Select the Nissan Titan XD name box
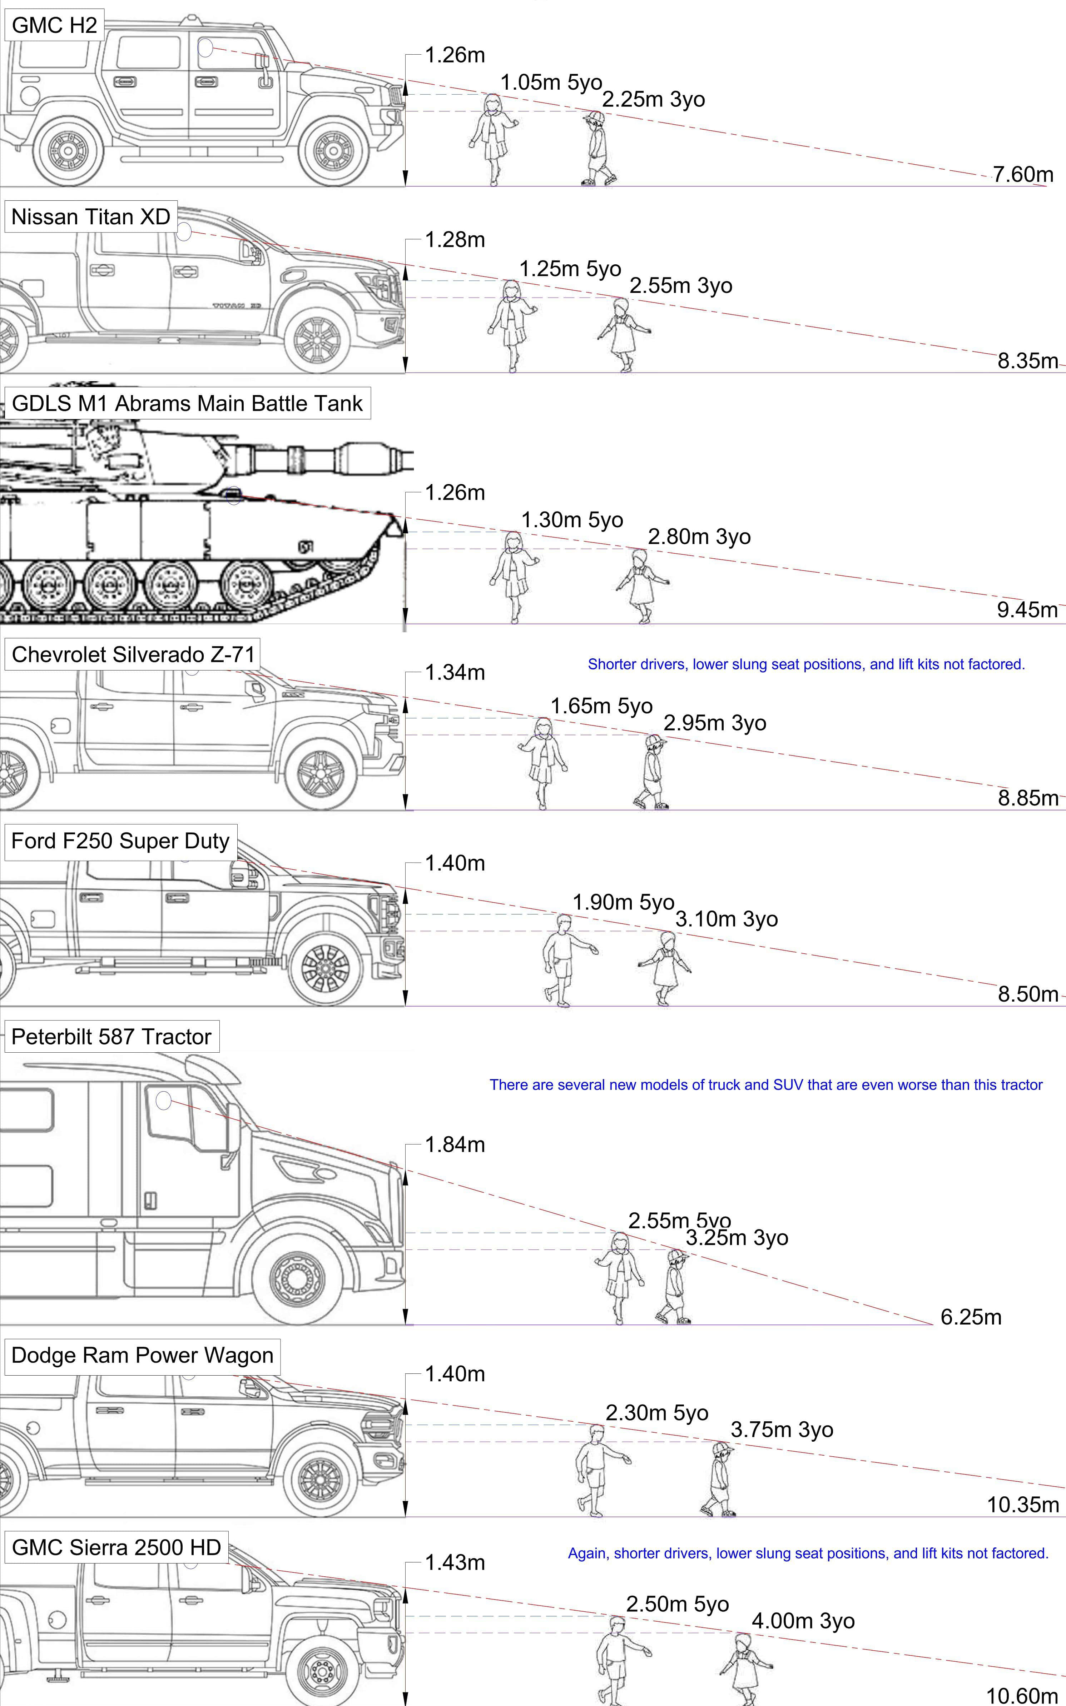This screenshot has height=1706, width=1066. click(90, 216)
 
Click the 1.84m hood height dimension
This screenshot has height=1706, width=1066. click(455, 1144)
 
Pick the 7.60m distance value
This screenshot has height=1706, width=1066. click(1023, 174)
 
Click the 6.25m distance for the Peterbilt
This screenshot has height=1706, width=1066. click(971, 1316)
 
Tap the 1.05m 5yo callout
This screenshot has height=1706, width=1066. click(551, 83)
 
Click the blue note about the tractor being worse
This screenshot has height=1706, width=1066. click(766, 1084)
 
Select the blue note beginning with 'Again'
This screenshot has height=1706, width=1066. click(808, 1553)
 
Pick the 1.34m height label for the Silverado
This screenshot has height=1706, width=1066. click(455, 672)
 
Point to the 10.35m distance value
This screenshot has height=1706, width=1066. click(1022, 1505)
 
